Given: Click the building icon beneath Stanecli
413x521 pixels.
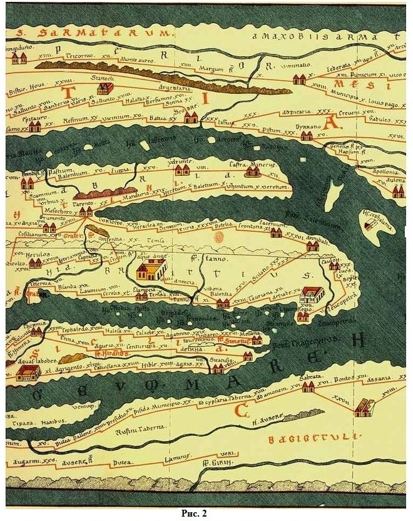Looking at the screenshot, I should [105, 88].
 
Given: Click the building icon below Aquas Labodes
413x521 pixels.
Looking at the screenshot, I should [28, 374].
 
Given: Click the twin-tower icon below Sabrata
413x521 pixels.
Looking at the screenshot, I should [308, 387].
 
